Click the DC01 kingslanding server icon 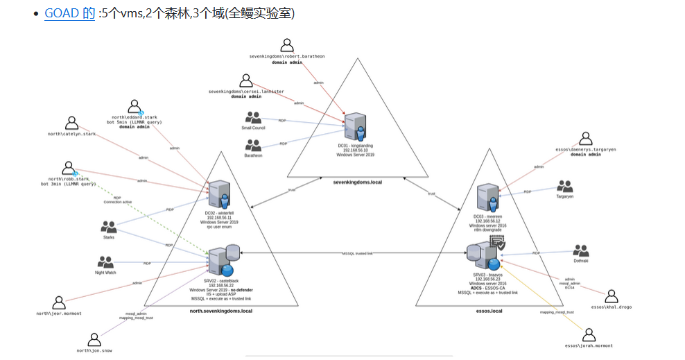click(x=355, y=128)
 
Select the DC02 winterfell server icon click(x=219, y=195)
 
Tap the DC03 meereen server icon click(x=488, y=198)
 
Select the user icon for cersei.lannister click(x=246, y=80)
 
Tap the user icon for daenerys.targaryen click(x=586, y=139)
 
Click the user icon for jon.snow click(x=94, y=340)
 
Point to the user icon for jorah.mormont click(x=589, y=334)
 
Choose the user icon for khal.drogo click(x=612, y=296)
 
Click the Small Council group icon click(x=253, y=118)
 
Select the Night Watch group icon click(x=105, y=263)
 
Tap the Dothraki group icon click(x=580, y=250)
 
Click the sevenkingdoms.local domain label click(x=358, y=181)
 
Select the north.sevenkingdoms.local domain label click(x=221, y=311)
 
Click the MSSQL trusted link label click(x=357, y=254)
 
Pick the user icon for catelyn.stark click(x=71, y=123)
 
